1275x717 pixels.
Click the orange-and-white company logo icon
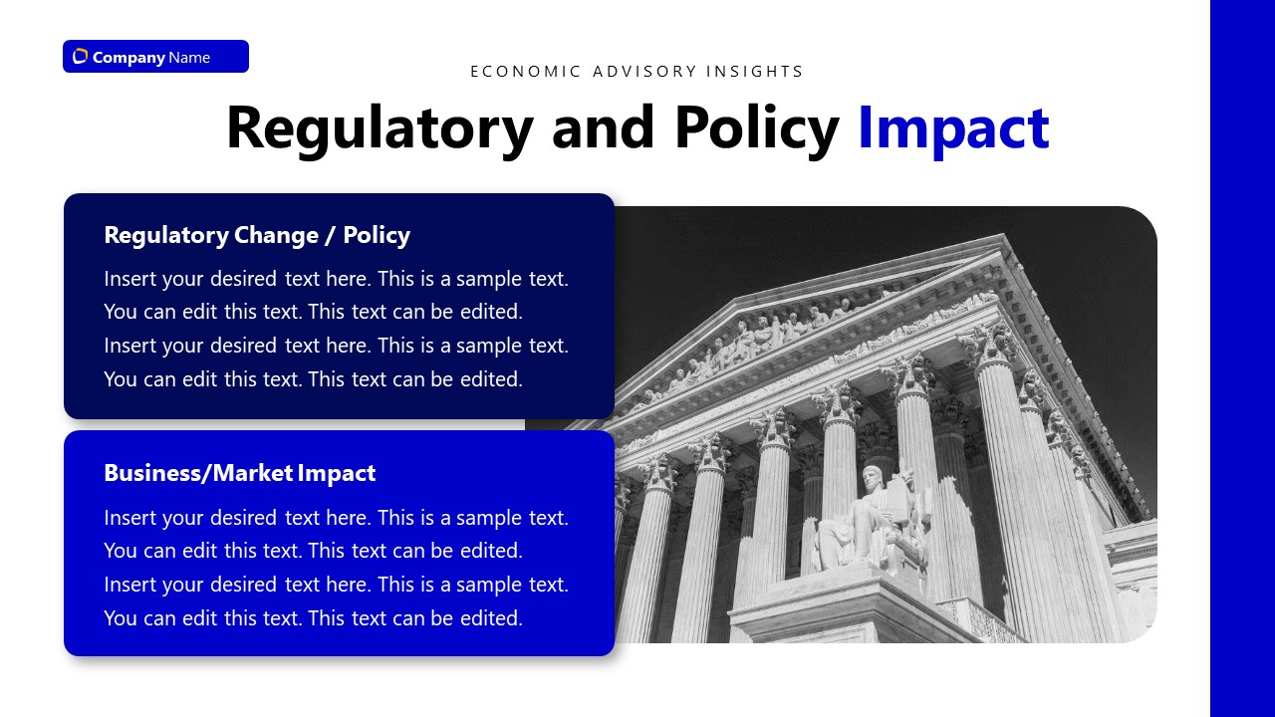click(81, 57)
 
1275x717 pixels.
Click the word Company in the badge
click(128, 58)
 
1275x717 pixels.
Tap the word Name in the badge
click(189, 58)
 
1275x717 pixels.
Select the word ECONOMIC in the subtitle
click(525, 71)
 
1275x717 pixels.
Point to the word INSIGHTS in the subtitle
click(754, 71)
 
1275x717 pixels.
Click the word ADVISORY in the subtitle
click(644, 71)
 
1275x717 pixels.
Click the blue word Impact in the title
click(953, 129)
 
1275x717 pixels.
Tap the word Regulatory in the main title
click(380, 129)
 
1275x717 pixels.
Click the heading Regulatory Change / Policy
click(257, 235)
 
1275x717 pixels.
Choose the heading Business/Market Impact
click(240, 473)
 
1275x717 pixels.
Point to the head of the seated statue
click(871, 478)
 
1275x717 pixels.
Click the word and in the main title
click(604, 129)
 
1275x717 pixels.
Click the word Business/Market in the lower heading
click(198, 473)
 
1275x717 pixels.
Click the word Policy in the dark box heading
click(377, 235)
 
